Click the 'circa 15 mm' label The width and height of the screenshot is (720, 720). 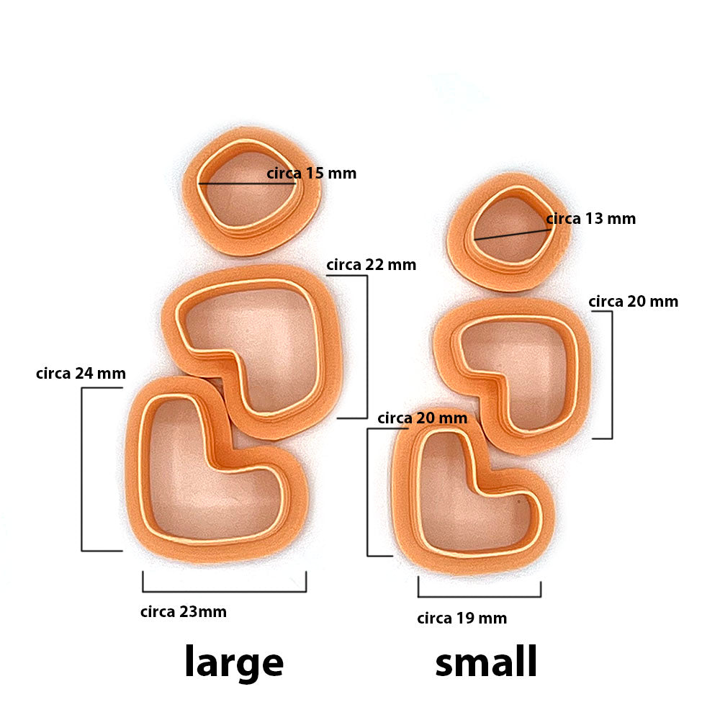[311, 174]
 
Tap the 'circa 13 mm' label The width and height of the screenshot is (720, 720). [591, 219]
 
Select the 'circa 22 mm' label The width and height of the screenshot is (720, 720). [371, 265]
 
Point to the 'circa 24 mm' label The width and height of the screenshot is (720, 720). [81, 373]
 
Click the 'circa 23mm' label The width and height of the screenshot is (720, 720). [183, 611]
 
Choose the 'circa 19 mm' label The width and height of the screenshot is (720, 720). [462, 618]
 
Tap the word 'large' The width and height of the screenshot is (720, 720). [234, 662]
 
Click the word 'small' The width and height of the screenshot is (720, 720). [486, 661]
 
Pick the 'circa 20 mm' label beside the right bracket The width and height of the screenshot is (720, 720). [633, 302]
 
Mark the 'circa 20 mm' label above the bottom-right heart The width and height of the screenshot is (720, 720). [423, 418]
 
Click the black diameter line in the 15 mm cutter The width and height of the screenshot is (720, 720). [247, 184]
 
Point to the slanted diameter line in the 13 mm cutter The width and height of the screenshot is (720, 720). [513, 234]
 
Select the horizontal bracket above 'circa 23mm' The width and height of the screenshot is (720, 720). [225, 591]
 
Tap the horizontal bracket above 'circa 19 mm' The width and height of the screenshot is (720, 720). [480, 596]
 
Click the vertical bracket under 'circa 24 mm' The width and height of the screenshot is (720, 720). [82, 469]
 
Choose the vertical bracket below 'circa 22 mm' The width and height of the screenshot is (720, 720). [367, 347]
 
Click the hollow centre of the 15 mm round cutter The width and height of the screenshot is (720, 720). [248, 193]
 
